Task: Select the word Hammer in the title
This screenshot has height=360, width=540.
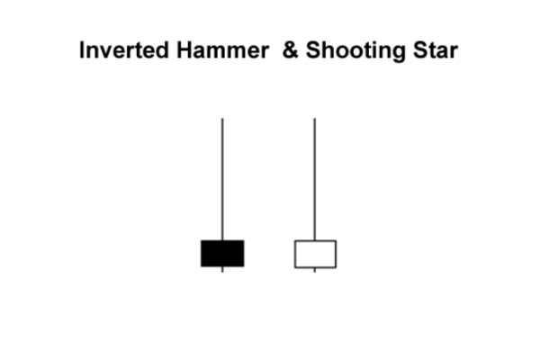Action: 222,50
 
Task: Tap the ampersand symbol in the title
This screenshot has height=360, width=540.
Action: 290,50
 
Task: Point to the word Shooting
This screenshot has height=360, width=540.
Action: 355,51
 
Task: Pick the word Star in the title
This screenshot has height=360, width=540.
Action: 436,50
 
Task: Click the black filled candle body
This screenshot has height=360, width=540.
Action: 222,254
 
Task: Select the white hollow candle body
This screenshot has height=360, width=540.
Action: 315,254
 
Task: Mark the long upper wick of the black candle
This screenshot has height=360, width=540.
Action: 222,179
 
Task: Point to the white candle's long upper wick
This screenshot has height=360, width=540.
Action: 314,179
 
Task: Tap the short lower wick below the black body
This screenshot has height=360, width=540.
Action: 222,269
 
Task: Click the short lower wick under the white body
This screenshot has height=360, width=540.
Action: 314,270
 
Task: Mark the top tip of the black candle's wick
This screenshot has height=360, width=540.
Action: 222,119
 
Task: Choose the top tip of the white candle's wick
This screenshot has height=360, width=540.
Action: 314,119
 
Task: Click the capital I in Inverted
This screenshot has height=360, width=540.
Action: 82,50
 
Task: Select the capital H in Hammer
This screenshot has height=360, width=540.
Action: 184,50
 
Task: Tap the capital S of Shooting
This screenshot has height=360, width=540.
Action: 313,50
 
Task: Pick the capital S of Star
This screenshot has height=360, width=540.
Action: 420,50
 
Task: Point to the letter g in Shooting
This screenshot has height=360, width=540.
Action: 399,54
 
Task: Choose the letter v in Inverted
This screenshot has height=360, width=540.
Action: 106,52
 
